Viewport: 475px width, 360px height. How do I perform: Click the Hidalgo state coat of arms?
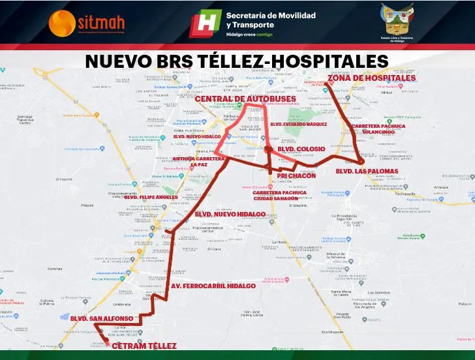[399, 22]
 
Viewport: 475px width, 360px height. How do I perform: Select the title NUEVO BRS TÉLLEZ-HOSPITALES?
[237, 61]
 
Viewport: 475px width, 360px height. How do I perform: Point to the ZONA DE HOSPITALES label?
[371, 78]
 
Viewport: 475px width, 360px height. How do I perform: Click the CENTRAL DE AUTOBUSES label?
[246, 99]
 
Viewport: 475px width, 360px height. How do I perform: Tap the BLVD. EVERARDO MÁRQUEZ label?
[298, 123]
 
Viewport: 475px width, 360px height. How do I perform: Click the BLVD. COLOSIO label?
[301, 149]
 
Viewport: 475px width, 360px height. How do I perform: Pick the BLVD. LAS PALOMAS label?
[366, 171]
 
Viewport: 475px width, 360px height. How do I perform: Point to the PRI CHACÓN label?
[296, 175]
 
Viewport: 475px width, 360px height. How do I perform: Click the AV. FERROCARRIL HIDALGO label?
[213, 286]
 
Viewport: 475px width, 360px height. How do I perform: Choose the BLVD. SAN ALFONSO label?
[102, 318]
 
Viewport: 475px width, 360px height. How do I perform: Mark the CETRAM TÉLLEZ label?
[144, 346]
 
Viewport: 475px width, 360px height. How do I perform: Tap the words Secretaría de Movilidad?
[270, 15]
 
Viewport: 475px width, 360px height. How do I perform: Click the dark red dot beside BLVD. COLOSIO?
[268, 149]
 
